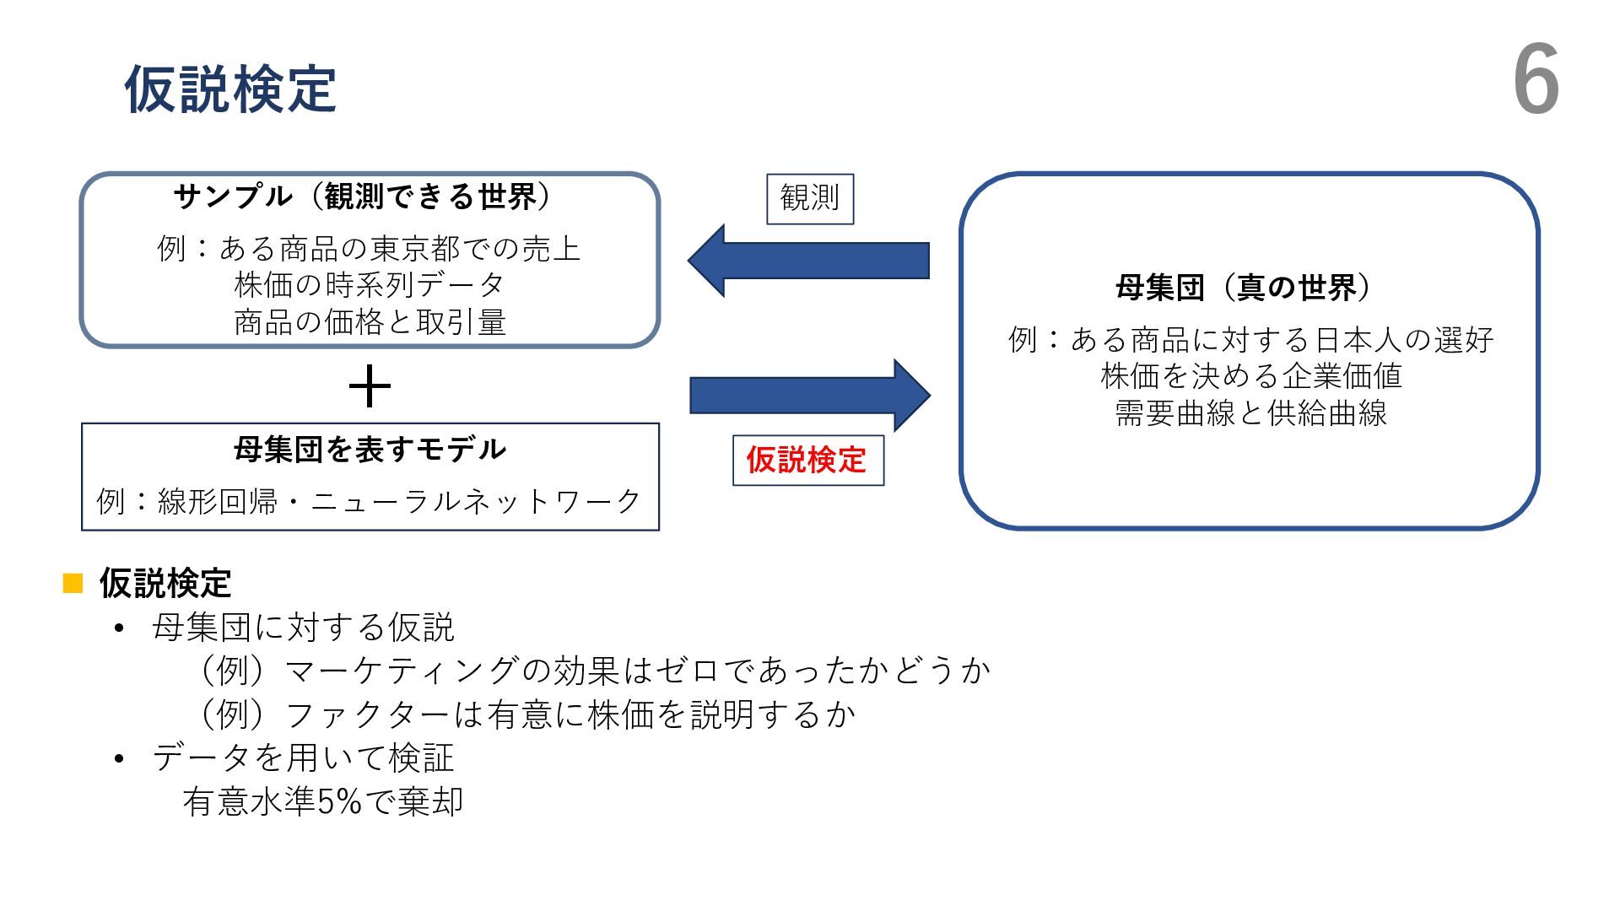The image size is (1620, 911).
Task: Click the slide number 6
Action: point(1536,81)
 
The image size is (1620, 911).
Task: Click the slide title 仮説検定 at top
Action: point(230,89)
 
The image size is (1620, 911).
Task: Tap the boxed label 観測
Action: point(810,199)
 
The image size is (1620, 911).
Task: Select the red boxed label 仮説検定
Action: point(807,461)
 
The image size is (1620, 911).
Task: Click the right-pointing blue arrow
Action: point(810,395)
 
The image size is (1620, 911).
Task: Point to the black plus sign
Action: point(370,388)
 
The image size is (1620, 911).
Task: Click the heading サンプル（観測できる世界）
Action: point(363,197)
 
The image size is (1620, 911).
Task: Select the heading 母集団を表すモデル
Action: point(370,449)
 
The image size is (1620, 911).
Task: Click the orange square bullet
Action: point(73,583)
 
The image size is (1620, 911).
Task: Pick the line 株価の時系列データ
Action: point(370,285)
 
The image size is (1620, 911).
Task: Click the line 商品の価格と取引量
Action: point(370,322)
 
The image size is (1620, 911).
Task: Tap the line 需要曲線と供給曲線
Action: point(1250,413)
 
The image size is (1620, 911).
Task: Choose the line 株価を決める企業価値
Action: point(1250,376)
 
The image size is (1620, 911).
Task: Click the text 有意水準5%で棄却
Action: point(323,801)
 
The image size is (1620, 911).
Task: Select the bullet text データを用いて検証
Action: point(303,757)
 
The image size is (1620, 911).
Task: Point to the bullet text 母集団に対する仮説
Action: point(303,628)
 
